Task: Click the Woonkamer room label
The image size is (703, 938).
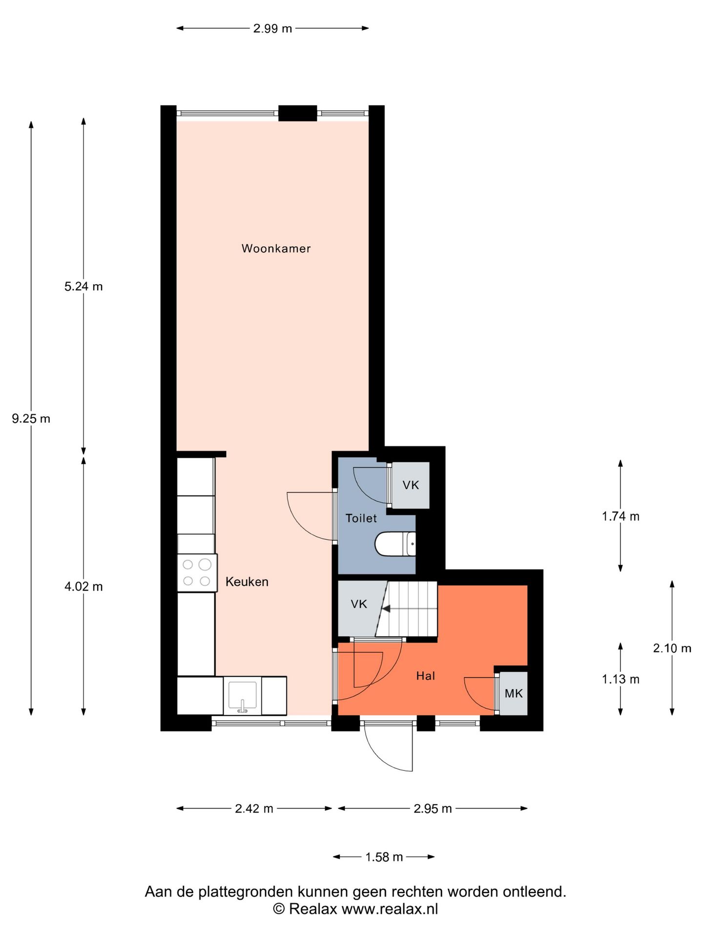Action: [276, 248]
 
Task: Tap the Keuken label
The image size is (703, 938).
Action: [247, 582]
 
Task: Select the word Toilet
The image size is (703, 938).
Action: [361, 518]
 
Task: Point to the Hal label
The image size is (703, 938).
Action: [425, 676]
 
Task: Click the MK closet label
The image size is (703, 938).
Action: [514, 693]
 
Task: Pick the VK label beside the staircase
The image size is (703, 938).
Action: [359, 604]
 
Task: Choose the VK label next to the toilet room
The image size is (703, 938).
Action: [411, 485]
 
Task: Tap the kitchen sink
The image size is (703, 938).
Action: [243, 696]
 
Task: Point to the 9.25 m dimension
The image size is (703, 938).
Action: [31, 419]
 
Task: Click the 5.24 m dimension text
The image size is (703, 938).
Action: [83, 286]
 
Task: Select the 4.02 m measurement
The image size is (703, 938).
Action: [83, 587]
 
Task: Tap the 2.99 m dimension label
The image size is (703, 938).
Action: [272, 28]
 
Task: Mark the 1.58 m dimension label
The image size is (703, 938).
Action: [384, 857]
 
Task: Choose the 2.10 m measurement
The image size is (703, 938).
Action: [672, 648]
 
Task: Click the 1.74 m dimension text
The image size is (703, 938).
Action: [620, 516]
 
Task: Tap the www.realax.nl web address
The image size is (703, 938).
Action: [390, 909]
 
